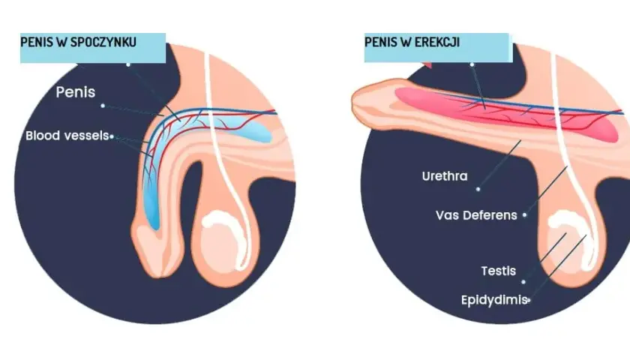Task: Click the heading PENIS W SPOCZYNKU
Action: pos(78,42)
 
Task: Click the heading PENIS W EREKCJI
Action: pos(412,42)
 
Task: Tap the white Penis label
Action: pos(76,92)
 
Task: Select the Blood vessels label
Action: pos(67,136)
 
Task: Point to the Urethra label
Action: pos(445,176)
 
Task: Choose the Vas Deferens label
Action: pos(476,215)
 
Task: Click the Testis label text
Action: pos(499,271)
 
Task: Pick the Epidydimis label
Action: pos(493,300)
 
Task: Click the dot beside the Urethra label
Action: pos(478,189)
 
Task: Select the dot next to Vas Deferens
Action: pos(524,215)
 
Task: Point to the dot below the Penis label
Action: pos(103,106)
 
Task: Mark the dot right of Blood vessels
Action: pos(112,137)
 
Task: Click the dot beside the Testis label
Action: pos(523,282)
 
